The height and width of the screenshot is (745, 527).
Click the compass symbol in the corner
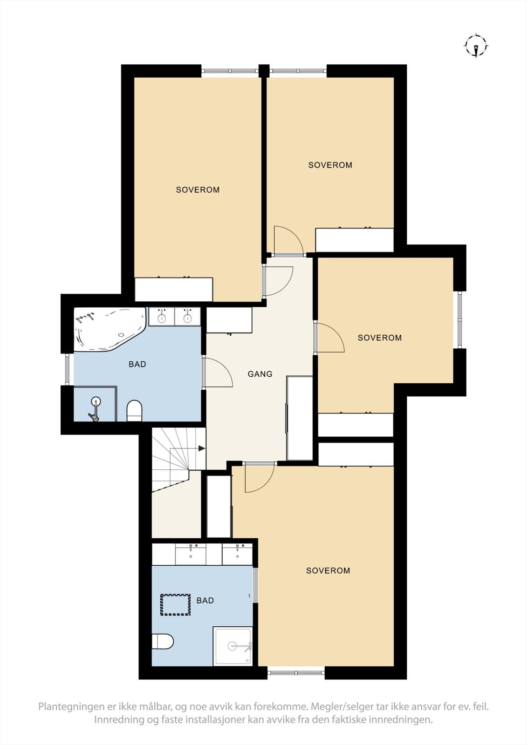476,46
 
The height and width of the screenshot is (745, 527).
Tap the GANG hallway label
260,374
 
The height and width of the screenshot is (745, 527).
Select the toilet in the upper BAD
134,410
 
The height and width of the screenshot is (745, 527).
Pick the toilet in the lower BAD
163,641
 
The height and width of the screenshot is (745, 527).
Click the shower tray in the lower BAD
233,646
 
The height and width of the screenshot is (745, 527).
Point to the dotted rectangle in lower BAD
176,605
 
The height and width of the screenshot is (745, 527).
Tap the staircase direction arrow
201,448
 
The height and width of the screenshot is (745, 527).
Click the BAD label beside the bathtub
137,364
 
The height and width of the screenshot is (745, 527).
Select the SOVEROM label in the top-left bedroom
198,190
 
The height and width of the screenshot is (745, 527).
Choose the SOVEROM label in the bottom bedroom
328,570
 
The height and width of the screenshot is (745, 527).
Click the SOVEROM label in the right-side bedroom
379,338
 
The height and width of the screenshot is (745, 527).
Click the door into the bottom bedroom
259,477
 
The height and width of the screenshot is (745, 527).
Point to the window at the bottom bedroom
296,672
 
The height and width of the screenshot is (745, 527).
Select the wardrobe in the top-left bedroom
174,290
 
